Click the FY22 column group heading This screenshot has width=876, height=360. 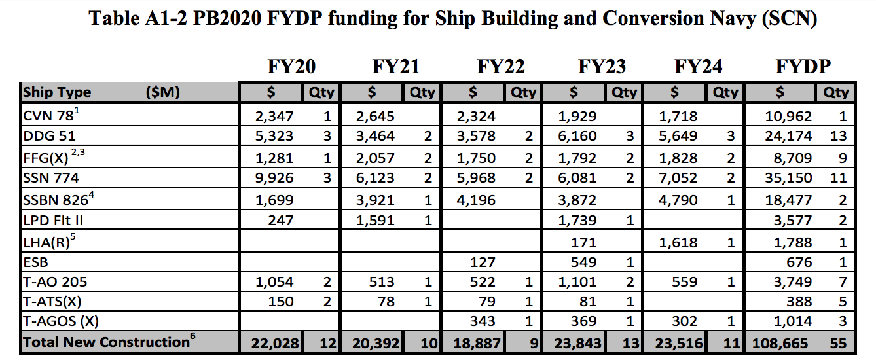click(x=500, y=67)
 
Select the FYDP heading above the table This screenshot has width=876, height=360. click(x=803, y=67)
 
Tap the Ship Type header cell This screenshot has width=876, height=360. click(x=58, y=92)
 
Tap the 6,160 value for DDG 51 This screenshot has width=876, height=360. click(x=577, y=137)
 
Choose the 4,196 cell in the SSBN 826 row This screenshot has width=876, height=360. click(x=476, y=200)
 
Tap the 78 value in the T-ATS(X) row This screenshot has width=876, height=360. click(x=385, y=302)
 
